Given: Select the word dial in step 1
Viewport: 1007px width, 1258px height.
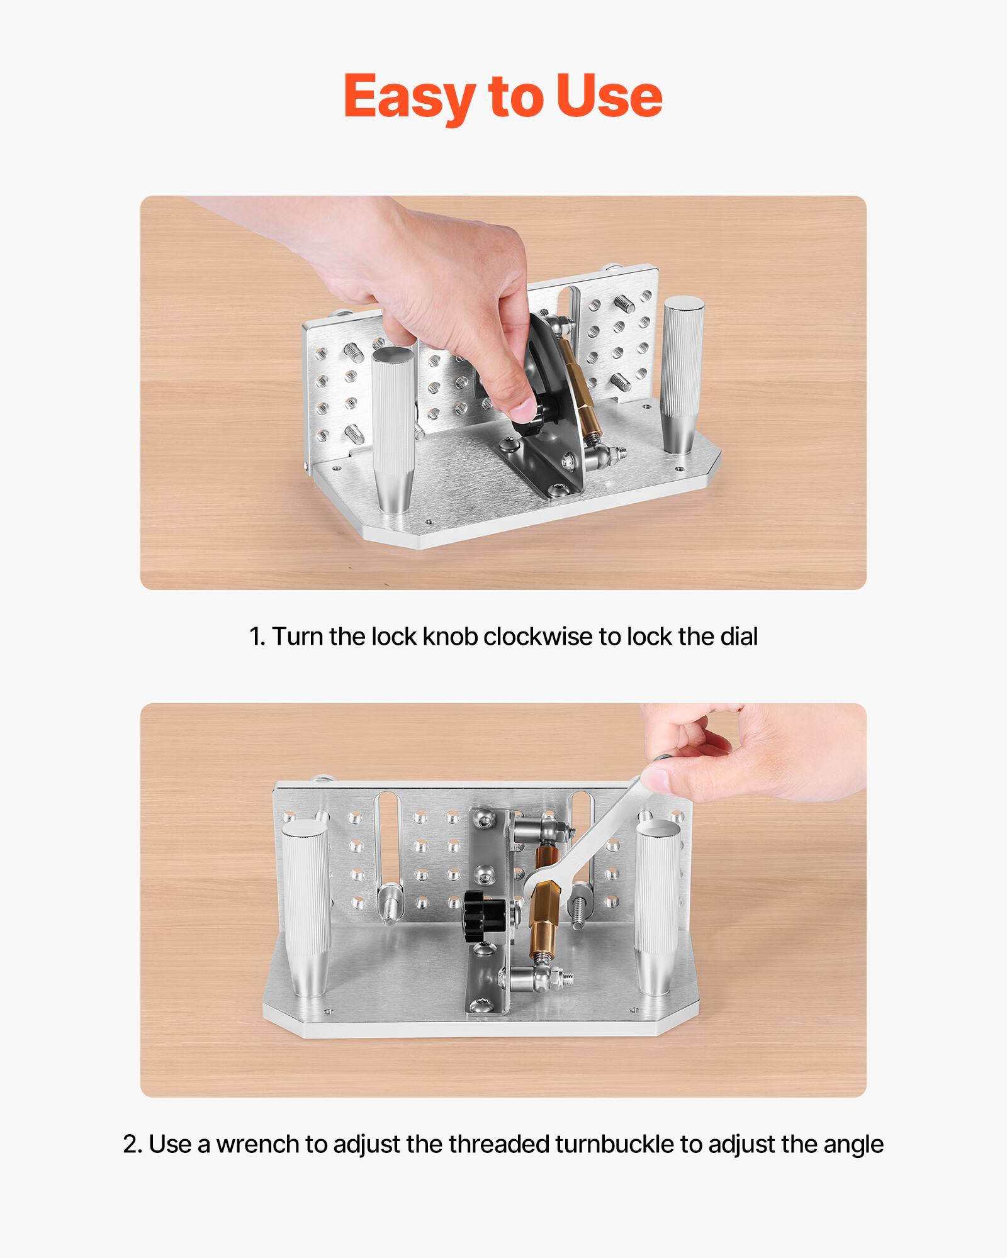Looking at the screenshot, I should tap(739, 637).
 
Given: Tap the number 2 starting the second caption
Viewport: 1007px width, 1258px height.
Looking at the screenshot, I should tap(130, 1144).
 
